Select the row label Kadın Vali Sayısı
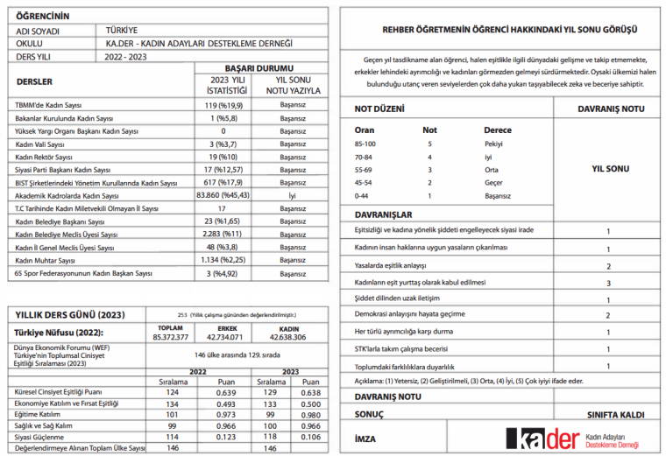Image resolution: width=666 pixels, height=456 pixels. point(40,143)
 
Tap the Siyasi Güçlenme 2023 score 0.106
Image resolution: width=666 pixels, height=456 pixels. point(310,436)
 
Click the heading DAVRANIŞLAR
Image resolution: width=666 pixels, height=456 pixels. point(383,214)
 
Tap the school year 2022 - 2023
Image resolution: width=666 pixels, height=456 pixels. point(126,56)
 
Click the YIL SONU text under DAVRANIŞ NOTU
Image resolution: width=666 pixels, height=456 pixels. point(608,166)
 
